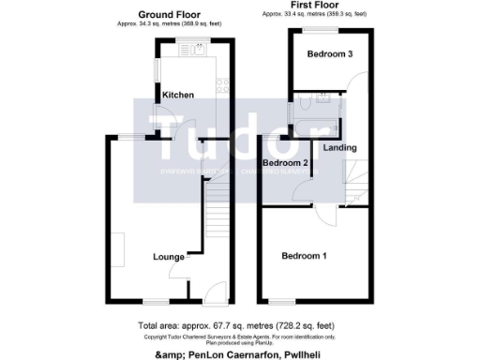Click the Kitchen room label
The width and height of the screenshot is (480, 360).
pos(178,96)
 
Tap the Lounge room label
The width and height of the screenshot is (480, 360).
pos(169,255)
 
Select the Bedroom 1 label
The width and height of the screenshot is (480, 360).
pos(304,257)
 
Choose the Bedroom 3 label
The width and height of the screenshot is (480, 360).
pos(330,54)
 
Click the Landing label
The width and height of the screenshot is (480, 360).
pos(340,148)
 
